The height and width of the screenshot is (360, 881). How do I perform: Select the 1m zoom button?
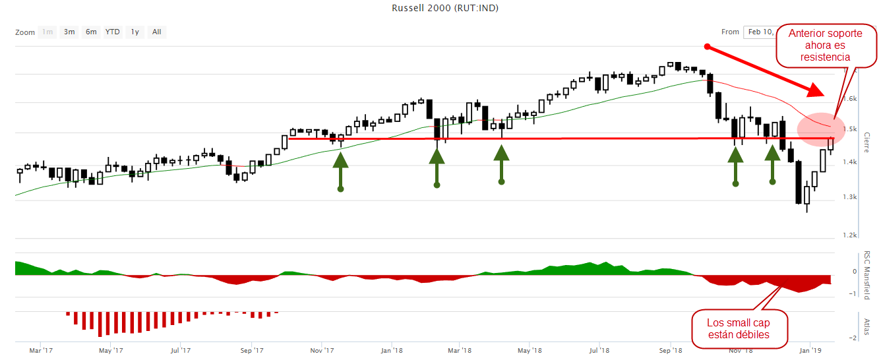pyautogui.click(x=47, y=32)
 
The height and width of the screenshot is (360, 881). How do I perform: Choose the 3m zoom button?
pyautogui.click(x=69, y=32)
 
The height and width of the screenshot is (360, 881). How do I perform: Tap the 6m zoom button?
pyautogui.click(x=91, y=32)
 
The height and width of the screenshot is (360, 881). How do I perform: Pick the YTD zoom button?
pyautogui.click(x=113, y=32)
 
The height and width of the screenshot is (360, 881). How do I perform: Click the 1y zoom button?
pyautogui.click(x=135, y=32)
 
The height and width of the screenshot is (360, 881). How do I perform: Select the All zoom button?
pyautogui.click(x=156, y=32)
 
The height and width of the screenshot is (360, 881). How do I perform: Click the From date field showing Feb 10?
pyautogui.click(x=759, y=32)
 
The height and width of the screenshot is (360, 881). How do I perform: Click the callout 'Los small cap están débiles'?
pyautogui.click(x=739, y=328)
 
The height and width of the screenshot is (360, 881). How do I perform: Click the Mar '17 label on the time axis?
pyautogui.click(x=40, y=351)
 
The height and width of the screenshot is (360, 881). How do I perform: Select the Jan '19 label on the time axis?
pyautogui.click(x=810, y=351)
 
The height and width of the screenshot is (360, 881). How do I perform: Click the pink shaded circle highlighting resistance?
pyautogui.click(x=820, y=127)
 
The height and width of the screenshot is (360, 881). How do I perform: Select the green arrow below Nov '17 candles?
pyautogui.click(x=340, y=171)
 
